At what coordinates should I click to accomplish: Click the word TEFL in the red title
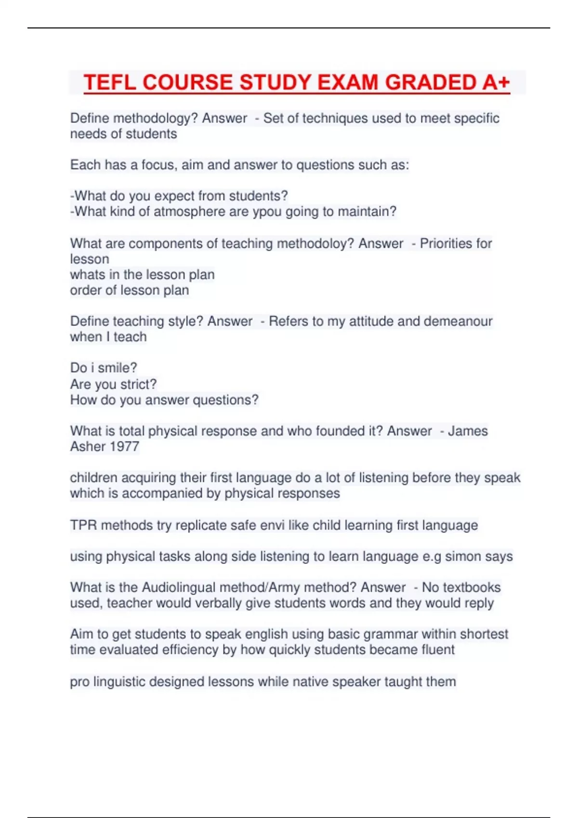click(110, 82)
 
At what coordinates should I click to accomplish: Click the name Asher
click(87, 447)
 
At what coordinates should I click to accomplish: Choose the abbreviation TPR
click(83, 525)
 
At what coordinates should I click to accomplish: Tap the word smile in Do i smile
click(118, 368)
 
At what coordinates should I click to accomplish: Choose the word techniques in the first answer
click(328, 118)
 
